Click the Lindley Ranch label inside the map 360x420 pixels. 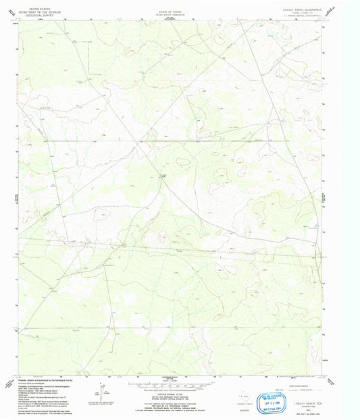(x=162, y=176)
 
